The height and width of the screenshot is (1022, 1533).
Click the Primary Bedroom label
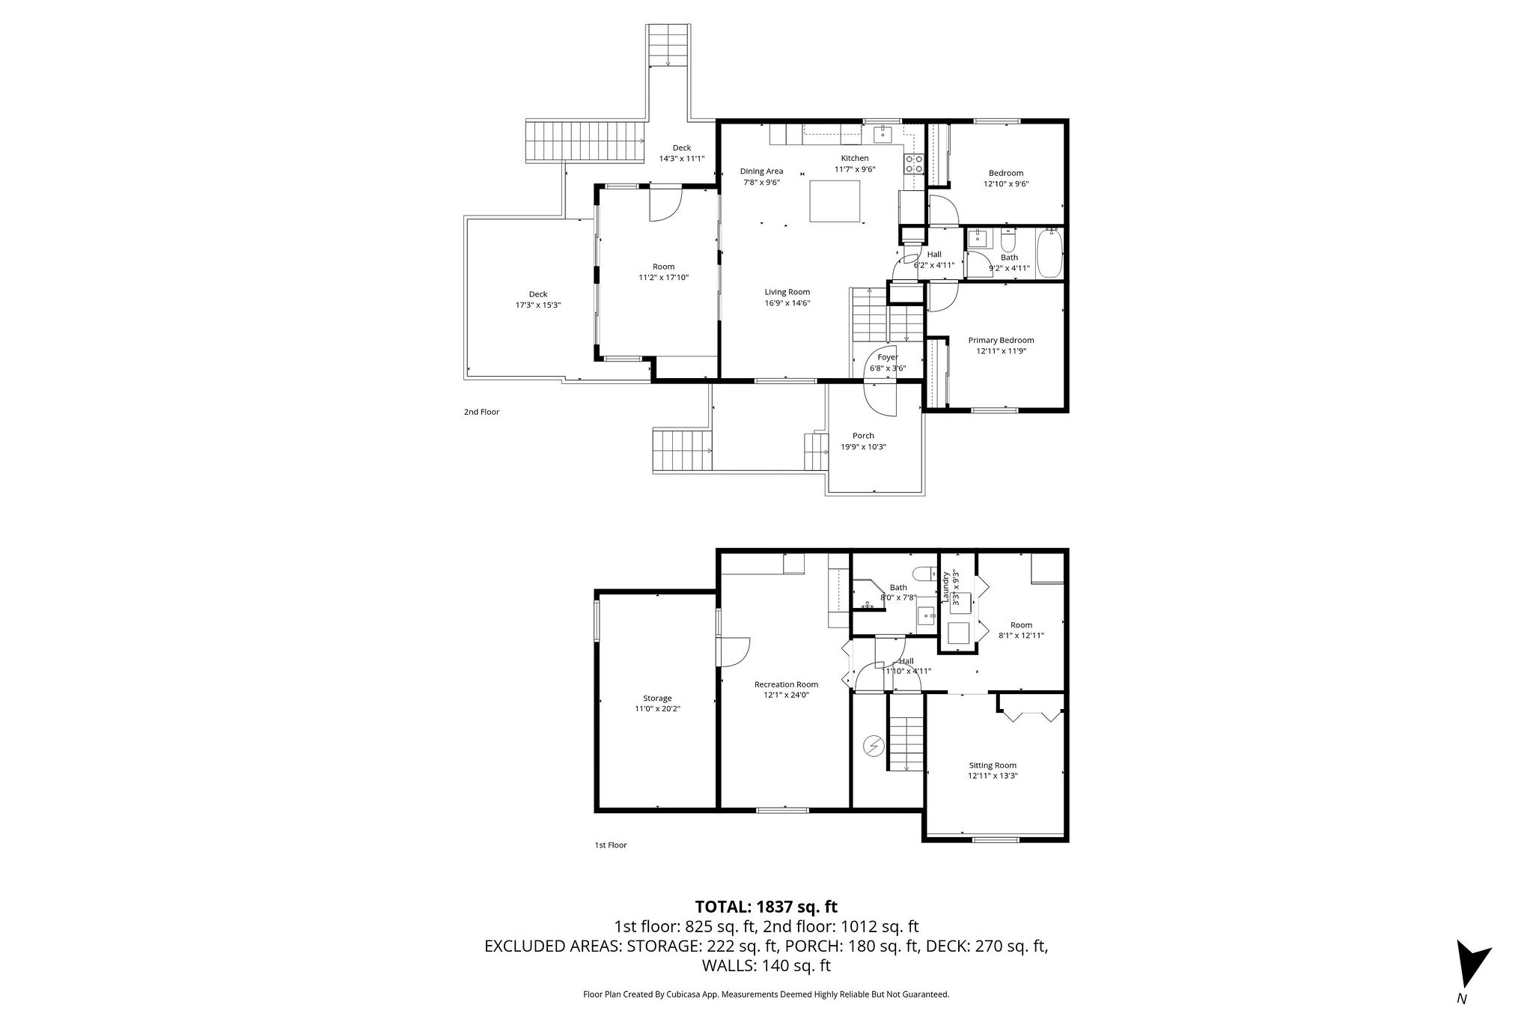[1001, 341]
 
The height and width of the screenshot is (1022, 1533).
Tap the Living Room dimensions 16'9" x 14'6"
[787, 303]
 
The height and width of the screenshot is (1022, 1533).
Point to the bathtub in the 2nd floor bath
[1049, 255]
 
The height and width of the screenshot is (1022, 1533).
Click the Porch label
[863, 436]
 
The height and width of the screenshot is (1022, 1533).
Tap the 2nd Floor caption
[481, 412]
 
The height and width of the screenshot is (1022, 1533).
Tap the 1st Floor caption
[610, 845]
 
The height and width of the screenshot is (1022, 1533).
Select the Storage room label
[657, 699]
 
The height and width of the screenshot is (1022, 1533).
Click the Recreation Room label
[786, 684]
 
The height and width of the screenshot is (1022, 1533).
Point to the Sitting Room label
[993, 765]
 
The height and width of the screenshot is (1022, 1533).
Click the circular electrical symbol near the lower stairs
[873, 745]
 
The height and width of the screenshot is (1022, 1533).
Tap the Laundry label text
[946, 588]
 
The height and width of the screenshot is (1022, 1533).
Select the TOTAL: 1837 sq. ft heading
[766, 907]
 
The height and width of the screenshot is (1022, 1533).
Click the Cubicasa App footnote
[766, 994]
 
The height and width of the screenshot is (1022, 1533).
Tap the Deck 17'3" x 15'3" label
[537, 299]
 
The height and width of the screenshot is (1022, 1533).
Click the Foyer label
[888, 358]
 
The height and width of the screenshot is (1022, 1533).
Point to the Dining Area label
[761, 171]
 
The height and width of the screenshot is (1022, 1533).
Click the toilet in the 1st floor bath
[926, 574]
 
